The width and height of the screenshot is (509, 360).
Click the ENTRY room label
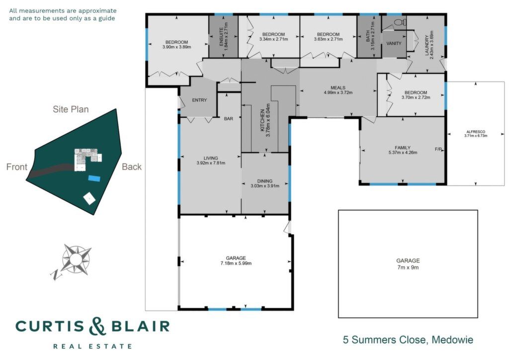tap(199, 100)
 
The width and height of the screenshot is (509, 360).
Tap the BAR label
tap(229, 119)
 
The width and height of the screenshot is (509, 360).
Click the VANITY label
tap(394, 43)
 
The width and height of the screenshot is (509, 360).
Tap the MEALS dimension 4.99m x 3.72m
tap(338, 92)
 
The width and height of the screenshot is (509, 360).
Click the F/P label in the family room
tap(438, 149)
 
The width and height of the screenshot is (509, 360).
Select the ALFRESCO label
tap(476, 131)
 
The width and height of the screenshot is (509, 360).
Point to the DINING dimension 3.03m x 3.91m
tap(265, 186)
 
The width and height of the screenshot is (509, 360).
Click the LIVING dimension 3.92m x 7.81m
tap(211, 163)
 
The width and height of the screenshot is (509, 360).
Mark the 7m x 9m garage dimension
tap(408, 268)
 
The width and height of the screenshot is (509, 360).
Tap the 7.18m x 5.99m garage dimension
tap(236, 263)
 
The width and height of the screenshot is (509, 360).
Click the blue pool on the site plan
tap(94, 178)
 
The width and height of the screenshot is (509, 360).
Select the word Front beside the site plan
tap(17, 167)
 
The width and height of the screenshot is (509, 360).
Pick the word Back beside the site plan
tap(132, 167)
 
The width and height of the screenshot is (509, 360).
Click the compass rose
tap(76, 259)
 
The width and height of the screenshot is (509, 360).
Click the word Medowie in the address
tap(453, 340)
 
